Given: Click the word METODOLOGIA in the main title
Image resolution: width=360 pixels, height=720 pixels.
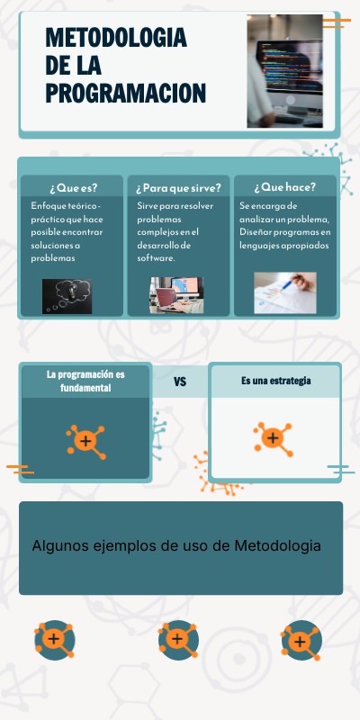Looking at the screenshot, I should click(116, 38).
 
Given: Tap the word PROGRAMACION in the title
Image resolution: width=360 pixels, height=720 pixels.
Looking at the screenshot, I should click(125, 93).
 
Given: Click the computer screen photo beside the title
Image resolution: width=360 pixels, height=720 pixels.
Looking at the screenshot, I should click(284, 70).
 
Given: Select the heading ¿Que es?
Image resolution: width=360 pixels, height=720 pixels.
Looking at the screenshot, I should click(73, 187).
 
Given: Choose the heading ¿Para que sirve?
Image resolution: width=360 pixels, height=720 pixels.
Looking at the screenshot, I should click(178, 187).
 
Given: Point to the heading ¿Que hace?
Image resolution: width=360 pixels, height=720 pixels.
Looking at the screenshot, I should click(284, 187).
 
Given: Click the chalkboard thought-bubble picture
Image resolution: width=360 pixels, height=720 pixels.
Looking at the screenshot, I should click(67, 296).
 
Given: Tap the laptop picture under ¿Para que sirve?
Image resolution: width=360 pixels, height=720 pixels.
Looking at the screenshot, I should click(176, 294).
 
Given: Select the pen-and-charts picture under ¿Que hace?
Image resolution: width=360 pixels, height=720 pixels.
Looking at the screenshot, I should click(284, 292).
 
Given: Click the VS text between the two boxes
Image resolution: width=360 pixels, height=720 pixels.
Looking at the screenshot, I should click(180, 382).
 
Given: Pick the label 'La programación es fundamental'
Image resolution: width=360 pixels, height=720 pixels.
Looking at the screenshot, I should click(85, 381).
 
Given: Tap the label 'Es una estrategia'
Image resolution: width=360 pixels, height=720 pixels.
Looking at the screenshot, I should click(275, 381).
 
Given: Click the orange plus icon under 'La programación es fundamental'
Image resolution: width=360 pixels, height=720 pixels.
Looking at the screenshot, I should click(85, 440).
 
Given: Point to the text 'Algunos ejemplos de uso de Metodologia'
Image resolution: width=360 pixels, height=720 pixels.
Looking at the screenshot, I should click(176, 545).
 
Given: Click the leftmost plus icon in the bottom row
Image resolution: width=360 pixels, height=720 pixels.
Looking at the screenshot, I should click(54, 639).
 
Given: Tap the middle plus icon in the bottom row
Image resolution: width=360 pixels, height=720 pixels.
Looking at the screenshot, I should click(178, 639).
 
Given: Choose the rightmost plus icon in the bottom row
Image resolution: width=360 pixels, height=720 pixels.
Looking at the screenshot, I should click(300, 641).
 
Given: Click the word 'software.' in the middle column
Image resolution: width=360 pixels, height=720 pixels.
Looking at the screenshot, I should click(156, 258).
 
